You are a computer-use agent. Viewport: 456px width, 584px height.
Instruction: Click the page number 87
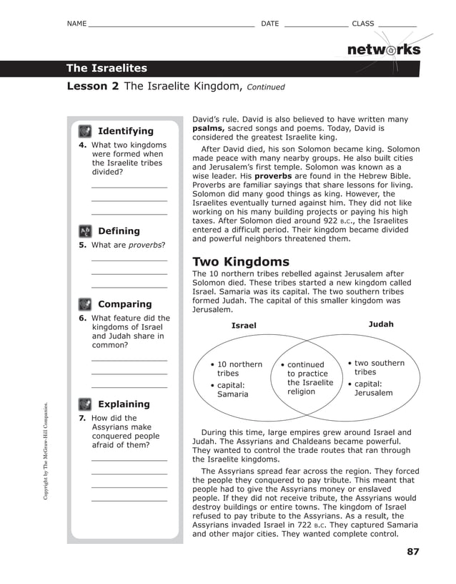[412, 552]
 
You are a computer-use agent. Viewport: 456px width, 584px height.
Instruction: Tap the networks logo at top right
[383, 49]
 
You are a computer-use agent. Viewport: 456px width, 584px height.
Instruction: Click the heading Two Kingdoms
[241, 262]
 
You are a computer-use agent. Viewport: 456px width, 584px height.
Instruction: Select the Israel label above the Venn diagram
[244, 326]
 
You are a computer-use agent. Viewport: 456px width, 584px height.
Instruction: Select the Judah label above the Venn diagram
[380, 324]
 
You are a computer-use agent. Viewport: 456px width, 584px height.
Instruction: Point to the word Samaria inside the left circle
[232, 394]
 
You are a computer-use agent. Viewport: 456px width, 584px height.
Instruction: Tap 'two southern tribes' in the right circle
[378, 367]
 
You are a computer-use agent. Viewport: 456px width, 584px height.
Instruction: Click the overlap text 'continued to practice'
[307, 369]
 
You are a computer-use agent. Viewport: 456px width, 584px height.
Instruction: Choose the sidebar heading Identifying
[125, 131]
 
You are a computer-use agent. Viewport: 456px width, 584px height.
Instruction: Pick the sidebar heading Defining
[119, 231]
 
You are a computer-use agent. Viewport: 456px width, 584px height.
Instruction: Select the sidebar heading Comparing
[124, 304]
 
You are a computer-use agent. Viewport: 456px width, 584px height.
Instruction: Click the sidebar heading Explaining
[124, 404]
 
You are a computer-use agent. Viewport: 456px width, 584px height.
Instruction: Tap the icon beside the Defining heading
[85, 231]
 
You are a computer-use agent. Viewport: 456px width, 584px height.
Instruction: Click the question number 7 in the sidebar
[81, 418]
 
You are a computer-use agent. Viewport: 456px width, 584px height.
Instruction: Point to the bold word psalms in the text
[208, 129]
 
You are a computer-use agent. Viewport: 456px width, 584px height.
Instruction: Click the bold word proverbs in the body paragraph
[273, 175]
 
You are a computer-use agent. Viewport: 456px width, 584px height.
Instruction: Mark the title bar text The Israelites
[106, 69]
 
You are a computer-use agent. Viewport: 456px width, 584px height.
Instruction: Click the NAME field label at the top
[76, 24]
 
